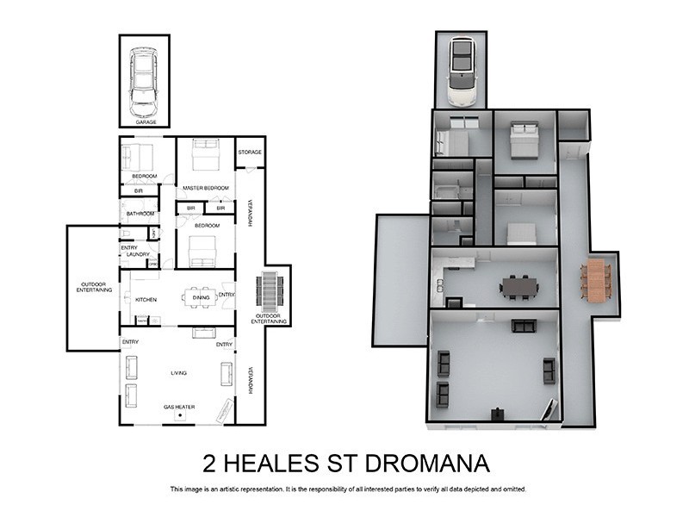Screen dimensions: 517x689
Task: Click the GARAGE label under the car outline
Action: point(144,122)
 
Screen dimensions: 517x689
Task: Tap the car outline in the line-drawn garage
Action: point(144,82)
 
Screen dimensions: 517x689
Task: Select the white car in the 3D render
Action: point(462,72)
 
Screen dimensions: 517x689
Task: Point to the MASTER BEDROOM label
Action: point(206,188)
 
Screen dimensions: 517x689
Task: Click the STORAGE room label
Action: point(250,153)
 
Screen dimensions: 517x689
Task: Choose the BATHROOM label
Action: point(140,214)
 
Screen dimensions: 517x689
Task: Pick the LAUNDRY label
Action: point(138,255)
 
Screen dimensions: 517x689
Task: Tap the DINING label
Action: point(201,298)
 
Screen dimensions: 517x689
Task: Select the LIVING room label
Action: point(179,373)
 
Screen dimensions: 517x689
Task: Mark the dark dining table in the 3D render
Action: point(519,285)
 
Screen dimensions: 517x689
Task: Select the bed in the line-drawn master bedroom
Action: point(205,156)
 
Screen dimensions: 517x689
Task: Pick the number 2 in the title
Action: point(209,464)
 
